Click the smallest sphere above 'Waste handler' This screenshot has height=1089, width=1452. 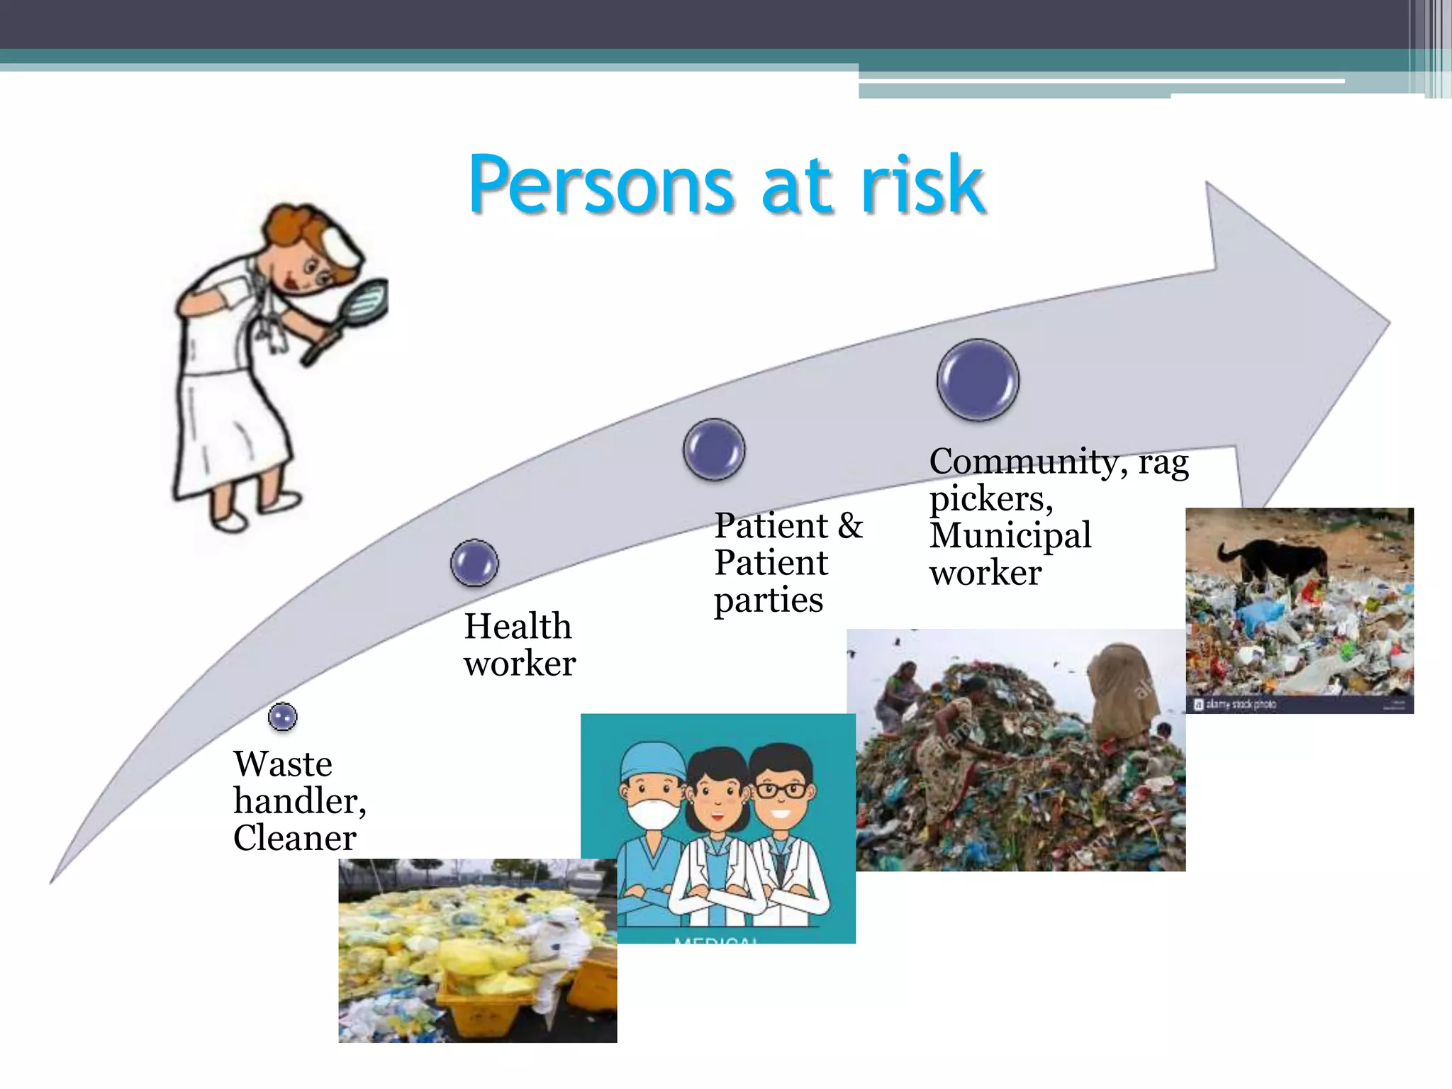coord(283,717)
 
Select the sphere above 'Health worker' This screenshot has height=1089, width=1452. coord(474,563)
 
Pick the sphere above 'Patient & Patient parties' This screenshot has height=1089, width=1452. coord(714,449)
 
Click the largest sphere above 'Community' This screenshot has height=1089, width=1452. coord(978,380)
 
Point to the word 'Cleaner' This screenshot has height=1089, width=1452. coord(294,838)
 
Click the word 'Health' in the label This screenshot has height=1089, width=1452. coord(518,626)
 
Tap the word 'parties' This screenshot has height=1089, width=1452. coord(769,600)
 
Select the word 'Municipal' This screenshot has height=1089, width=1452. coord(1010,535)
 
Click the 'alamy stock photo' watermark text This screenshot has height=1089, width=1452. coord(1239,704)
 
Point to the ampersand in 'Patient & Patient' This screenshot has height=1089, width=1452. coord(850,526)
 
